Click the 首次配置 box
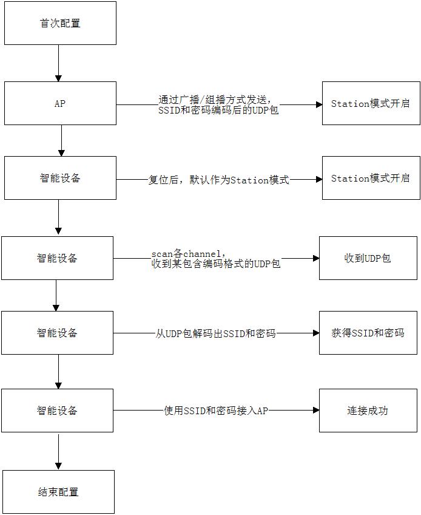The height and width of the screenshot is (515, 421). pyautogui.click(x=59, y=23)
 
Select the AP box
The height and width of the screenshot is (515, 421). pyautogui.click(x=59, y=104)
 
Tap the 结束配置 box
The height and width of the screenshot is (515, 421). pyautogui.click(x=58, y=492)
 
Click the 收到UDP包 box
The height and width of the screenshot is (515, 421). pyautogui.click(x=368, y=258)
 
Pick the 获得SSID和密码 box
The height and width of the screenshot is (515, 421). pyautogui.click(x=368, y=333)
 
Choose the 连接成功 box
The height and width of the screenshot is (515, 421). pyautogui.click(x=368, y=411)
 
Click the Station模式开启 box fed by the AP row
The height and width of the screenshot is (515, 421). pyautogui.click(x=371, y=104)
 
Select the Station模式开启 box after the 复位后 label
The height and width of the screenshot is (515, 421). pyautogui.click(x=371, y=178)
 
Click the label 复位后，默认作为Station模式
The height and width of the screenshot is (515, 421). pyautogui.click(x=219, y=180)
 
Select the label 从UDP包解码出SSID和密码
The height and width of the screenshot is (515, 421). pyautogui.click(x=216, y=333)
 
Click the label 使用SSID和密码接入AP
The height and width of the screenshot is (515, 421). pyautogui.click(x=216, y=411)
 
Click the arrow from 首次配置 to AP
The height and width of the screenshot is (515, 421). pyautogui.click(x=58, y=63)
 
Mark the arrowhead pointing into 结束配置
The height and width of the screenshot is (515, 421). pyautogui.click(x=58, y=466)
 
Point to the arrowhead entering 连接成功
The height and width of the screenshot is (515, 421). pyautogui.click(x=315, y=411)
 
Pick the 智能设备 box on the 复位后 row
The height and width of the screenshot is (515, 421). pyautogui.click(x=59, y=178)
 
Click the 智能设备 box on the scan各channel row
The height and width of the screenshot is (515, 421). pyautogui.click(x=57, y=258)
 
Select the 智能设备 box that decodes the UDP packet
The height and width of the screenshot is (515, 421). pyautogui.click(x=57, y=333)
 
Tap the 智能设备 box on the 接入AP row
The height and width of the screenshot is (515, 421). pyautogui.click(x=57, y=411)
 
